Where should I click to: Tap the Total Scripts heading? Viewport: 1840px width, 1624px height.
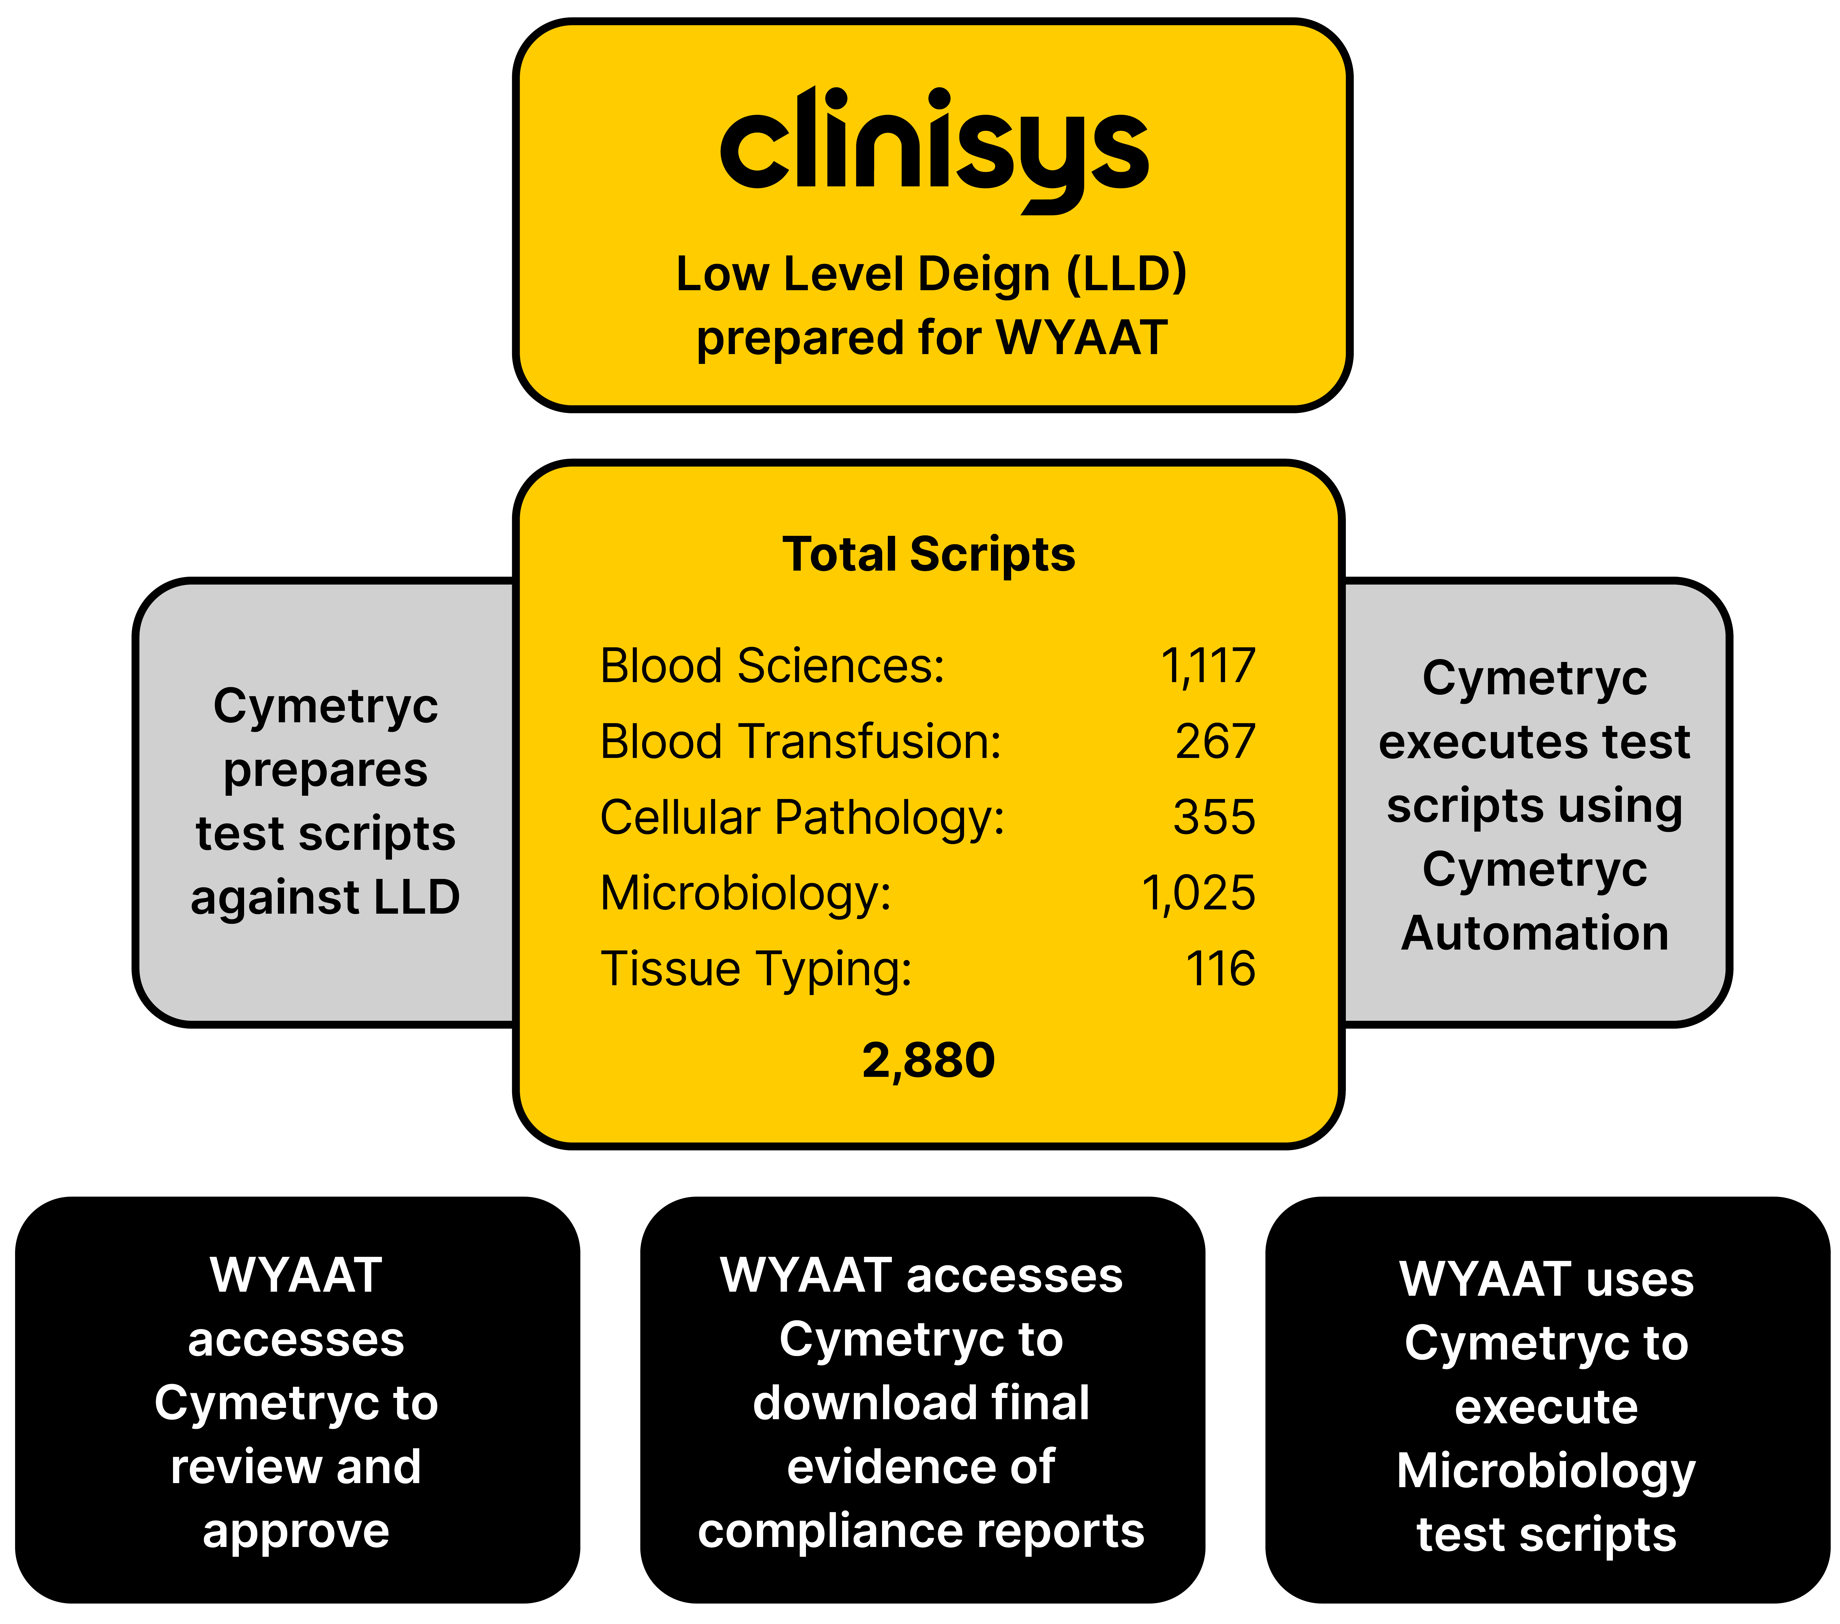928,554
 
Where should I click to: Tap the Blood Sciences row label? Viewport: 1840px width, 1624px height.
772,666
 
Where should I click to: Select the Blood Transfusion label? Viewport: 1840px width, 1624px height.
800,742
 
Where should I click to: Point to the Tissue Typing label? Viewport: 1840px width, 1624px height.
756,969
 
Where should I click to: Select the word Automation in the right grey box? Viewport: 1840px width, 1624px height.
1535,933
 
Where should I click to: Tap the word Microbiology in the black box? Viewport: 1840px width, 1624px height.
1546,1471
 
